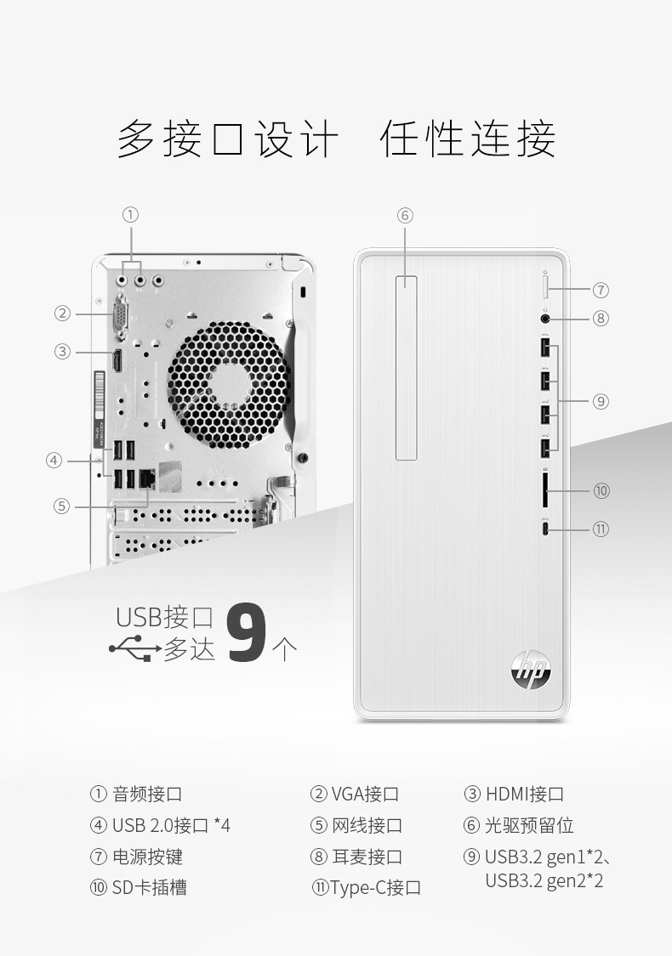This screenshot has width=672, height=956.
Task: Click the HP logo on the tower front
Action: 531,667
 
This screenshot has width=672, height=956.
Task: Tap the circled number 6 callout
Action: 405,215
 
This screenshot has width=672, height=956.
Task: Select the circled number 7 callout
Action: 601,290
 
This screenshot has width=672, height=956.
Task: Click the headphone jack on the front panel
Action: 546,320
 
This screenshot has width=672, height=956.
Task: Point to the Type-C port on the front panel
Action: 546,529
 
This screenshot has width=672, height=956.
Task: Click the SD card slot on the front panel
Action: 546,490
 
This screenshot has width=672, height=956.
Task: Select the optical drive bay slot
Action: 406,367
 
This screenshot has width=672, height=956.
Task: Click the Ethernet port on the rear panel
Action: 146,478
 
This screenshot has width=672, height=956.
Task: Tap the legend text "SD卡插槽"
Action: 149,887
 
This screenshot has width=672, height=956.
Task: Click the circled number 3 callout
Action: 62,351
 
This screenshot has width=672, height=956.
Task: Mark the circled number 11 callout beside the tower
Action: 601,529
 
